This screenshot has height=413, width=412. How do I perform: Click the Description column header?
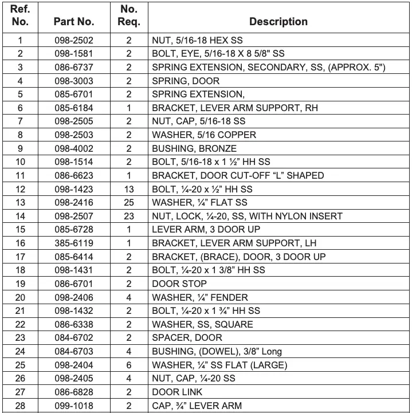(278, 22)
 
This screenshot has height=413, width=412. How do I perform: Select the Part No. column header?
(73, 22)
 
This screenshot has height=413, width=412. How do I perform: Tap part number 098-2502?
(73, 40)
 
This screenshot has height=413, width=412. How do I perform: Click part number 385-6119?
(73, 243)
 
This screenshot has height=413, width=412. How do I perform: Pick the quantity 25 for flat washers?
(129, 202)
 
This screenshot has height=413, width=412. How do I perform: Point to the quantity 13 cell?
(129, 189)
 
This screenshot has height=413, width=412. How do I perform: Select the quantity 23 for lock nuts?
(129, 216)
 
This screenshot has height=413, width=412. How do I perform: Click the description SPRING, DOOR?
(186, 81)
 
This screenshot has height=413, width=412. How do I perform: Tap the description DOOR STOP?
(179, 284)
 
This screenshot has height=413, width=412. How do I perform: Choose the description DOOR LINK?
(177, 392)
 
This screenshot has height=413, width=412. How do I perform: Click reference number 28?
(20, 406)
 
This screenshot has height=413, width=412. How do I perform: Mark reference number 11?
(20, 175)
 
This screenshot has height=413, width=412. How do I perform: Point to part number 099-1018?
(73, 406)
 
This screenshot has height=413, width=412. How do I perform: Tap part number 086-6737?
(73, 67)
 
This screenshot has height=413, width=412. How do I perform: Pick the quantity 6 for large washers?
(129, 365)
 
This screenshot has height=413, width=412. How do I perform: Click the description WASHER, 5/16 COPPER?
(204, 135)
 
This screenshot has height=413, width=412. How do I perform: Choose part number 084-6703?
(73, 351)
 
